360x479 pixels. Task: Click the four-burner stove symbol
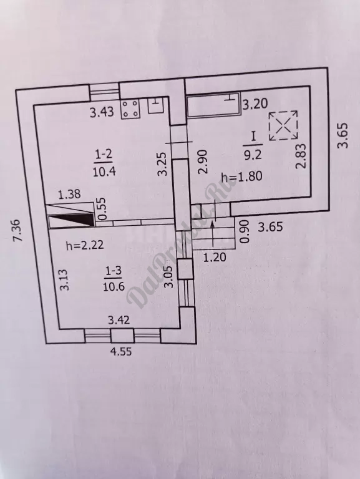pyautogui.click(x=130, y=109)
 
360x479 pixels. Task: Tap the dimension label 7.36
pyautogui.click(x=17, y=230)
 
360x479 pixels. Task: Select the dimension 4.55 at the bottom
pyautogui.click(x=120, y=351)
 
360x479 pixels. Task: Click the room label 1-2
pyautogui.click(x=104, y=155)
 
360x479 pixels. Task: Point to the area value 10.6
pyautogui.click(x=114, y=287)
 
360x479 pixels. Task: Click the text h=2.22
pyautogui.click(x=85, y=245)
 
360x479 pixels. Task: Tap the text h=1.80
pyautogui.click(x=241, y=177)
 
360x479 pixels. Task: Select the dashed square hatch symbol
pyautogui.click(x=283, y=125)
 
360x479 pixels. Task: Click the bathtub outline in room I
pyautogui.click(x=214, y=106)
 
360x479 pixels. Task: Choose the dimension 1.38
pyautogui.click(x=69, y=195)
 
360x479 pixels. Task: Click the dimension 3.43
pyautogui.click(x=102, y=112)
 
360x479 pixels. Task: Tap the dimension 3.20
pyautogui.click(x=255, y=104)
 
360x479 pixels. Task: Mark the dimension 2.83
pyautogui.click(x=301, y=157)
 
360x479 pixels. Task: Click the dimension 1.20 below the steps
pyautogui.click(x=215, y=257)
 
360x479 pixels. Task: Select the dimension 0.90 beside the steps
pyautogui.click(x=245, y=232)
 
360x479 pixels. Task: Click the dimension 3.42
pyautogui.click(x=119, y=320)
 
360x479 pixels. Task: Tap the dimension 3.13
pyautogui.click(x=65, y=279)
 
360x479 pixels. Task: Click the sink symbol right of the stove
pyautogui.click(x=156, y=105)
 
